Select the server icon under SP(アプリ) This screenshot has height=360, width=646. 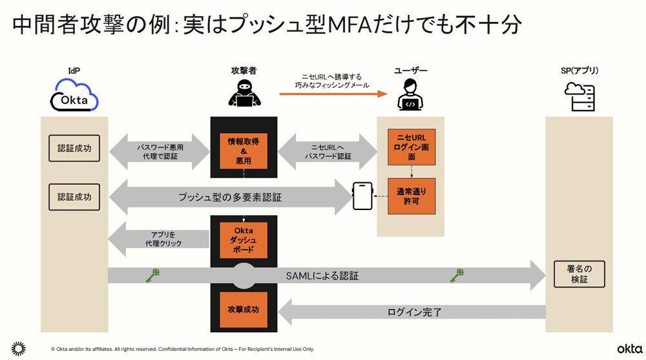coord(579,98)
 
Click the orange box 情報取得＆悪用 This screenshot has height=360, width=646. coord(244,151)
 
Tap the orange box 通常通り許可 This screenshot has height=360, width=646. coord(411,196)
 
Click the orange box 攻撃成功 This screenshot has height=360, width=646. coord(244,310)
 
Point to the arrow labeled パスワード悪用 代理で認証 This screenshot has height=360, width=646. coord(160,152)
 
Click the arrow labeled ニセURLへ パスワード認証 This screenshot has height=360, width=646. coord(328,152)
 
